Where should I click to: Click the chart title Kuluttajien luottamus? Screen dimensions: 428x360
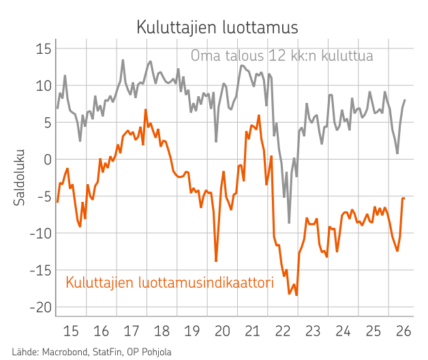pyautogui.click(x=217, y=27)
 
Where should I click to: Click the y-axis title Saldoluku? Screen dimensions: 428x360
pyautogui.click(x=19, y=177)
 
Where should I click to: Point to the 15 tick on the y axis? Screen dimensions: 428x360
pyautogui.click(x=44, y=49)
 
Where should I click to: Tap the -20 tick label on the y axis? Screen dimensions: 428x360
pyautogui.click(x=41, y=307)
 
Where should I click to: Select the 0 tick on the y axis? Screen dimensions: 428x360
pyautogui.click(x=48, y=160)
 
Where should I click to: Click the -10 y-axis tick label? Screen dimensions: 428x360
pyautogui.click(x=41, y=234)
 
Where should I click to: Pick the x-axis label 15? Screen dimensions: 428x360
pyautogui.click(x=71, y=331)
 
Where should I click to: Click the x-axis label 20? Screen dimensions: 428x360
pyautogui.click(x=222, y=331)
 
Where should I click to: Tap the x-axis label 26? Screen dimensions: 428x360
pyautogui.click(x=403, y=331)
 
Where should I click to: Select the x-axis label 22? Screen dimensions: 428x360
pyautogui.click(x=283, y=331)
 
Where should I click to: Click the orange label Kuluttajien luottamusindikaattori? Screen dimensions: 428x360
pyautogui.click(x=170, y=282)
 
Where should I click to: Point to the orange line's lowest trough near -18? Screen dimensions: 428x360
pyautogui.click(x=296, y=295)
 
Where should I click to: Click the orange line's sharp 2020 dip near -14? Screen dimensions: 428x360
pyautogui.click(x=216, y=261)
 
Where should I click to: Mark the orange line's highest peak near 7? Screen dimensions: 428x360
pyautogui.click(x=146, y=110)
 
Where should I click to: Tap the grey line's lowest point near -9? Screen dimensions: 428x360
pyautogui.click(x=289, y=223)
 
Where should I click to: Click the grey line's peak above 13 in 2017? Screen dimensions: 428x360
pyautogui.click(x=123, y=60)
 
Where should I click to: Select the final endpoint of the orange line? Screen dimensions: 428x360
pyautogui.click(x=404, y=198)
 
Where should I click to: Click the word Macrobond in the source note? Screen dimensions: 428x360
pyautogui.click(x=65, y=352)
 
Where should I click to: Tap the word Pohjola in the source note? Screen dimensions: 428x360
pyautogui.click(x=156, y=352)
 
